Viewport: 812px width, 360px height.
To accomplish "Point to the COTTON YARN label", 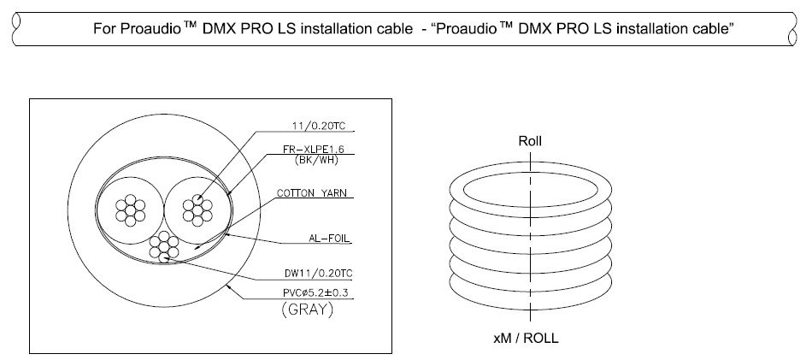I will [312, 193].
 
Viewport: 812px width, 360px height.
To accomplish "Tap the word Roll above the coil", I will [530, 141].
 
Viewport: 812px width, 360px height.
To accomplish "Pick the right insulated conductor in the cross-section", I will [198, 207].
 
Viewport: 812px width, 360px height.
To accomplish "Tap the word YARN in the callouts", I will [332, 193].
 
